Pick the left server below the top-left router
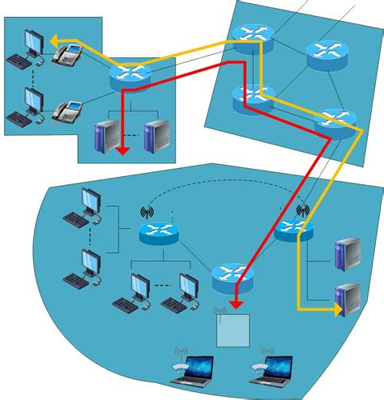pos(105,136)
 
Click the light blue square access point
pos(233,327)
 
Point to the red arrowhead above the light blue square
pos(234,303)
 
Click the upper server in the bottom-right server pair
pos(348,253)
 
